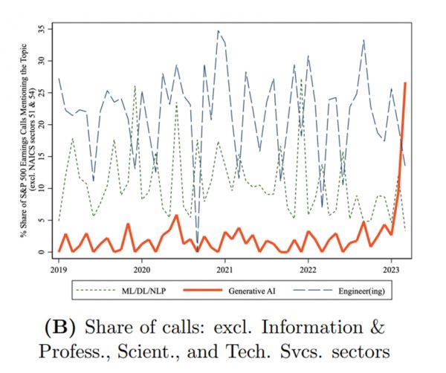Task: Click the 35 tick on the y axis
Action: coord(43,29)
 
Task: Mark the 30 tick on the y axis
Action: coord(43,61)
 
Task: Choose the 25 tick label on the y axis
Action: coord(43,93)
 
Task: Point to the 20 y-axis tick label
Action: coord(43,125)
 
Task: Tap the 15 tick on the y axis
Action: coord(43,157)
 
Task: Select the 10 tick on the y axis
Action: coord(43,189)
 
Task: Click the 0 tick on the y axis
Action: coord(43,252)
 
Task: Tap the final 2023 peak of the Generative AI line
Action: coord(405,83)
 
